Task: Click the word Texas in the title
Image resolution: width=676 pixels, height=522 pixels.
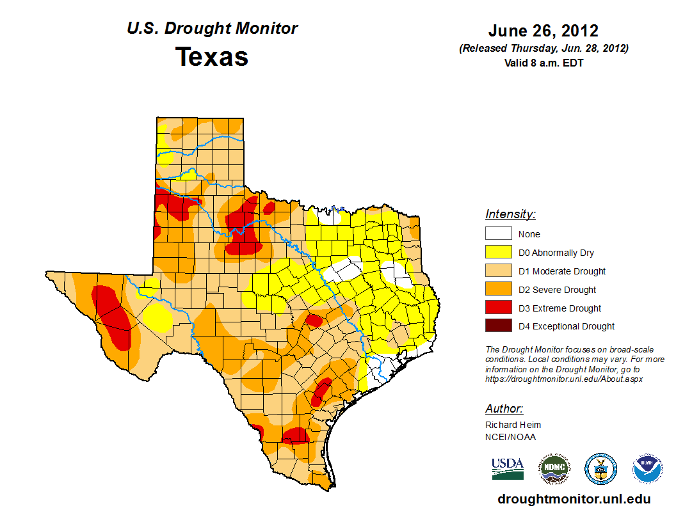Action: (x=212, y=57)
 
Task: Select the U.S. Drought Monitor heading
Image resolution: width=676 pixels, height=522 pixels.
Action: (x=212, y=29)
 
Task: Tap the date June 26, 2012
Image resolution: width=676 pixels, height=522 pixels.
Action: (x=543, y=31)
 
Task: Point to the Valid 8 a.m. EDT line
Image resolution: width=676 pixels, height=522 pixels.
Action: (x=543, y=63)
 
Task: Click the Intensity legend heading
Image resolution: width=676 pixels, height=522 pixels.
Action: (x=510, y=214)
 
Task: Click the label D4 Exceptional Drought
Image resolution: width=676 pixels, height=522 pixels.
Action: (x=567, y=326)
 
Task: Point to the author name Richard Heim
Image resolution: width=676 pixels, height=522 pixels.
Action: (x=513, y=425)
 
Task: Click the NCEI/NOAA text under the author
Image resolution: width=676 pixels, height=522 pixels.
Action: (x=510, y=437)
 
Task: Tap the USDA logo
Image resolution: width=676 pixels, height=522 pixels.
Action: (x=508, y=469)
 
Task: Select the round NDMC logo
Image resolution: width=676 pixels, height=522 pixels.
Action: (x=554, y=469)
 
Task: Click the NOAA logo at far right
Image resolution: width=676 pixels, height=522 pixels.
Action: (x=647, y=469)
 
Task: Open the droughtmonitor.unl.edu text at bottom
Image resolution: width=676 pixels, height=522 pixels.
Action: (x=574, y=500)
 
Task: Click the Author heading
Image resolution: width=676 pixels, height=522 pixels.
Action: (x=504, y=409)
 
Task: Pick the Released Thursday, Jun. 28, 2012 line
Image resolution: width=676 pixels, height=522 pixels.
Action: (x=543, y=49)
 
